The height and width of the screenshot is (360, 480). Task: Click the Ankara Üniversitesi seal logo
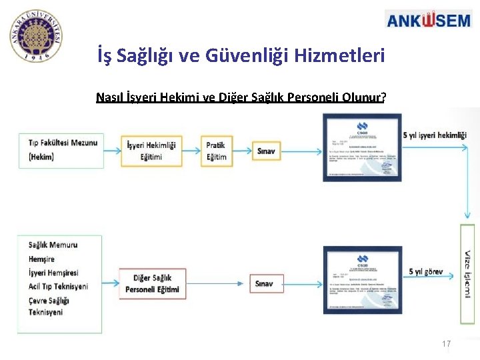tap(37, 37)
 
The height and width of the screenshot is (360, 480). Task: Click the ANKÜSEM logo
tap(428, 20)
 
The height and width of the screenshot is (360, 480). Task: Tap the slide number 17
tap(446, 344)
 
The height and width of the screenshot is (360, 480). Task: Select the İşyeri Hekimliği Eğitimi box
tap(151, 151)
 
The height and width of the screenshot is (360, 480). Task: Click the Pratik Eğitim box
tap(216, 151)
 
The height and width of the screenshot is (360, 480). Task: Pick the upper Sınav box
tap(267, 151)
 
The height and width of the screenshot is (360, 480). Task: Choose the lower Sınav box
tap(265, 283)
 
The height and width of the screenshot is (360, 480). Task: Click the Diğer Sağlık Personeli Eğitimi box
tap(153, 283)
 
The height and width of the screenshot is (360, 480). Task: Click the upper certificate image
tap(362, 147)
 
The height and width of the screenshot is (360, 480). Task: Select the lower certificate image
tap(362, 280)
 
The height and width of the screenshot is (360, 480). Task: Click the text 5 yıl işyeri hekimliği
tap(435, 135)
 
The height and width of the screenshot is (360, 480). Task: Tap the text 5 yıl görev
tap(425, 271)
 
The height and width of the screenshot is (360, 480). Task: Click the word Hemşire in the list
tap(42, 259)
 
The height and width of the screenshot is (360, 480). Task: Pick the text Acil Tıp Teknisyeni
tap(58, 286)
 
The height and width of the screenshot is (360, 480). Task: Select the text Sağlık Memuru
tap(53, 245)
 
